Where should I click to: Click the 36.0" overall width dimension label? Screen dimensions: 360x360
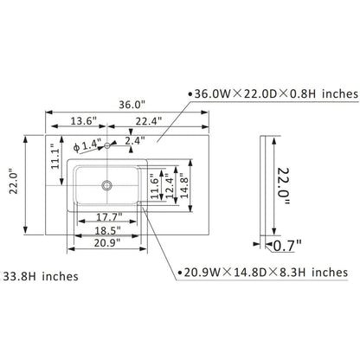132,105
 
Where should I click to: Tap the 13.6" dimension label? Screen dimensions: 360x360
83,121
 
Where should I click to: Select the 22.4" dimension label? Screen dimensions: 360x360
149,121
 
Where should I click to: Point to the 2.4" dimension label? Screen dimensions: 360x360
135,141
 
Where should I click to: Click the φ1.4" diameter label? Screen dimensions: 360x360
87,145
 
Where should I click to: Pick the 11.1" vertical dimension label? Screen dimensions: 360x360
55,157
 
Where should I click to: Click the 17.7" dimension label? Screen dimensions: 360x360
109,216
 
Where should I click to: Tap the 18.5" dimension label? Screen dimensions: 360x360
108,230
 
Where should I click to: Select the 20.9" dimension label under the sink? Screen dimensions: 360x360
107,243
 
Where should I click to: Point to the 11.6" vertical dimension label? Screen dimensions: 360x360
155,186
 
